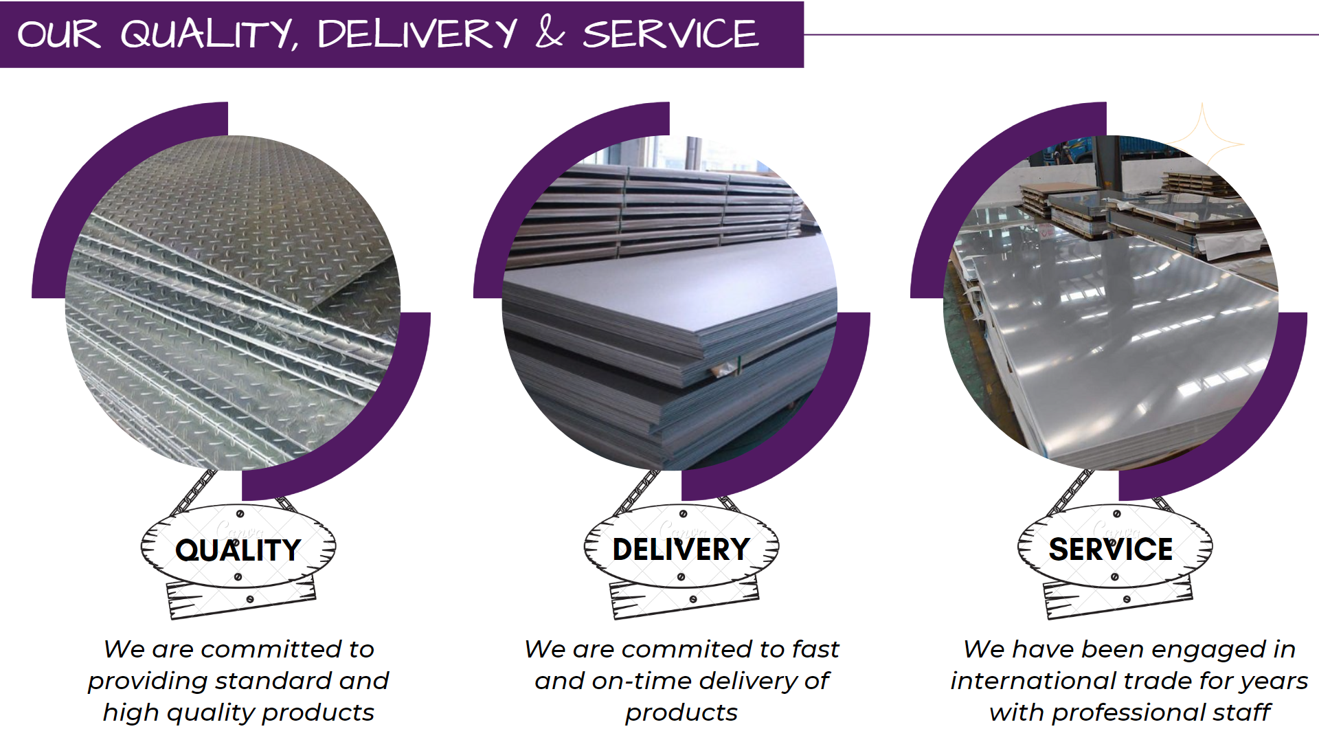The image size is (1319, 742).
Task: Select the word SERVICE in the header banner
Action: pyautogui.click(x=670, y=34)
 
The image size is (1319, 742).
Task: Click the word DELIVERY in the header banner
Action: pyautogui.click(x=417, y=34)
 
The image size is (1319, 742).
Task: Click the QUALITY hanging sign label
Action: pyautogui.click(x=238, y=550)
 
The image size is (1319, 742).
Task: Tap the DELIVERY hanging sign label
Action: pyautogui.click(x=681, y=549)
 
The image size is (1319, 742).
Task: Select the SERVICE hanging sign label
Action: pyautogui.click(x=1111, y=549)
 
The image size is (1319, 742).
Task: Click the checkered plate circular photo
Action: pyautogui.click(x=233, y=302)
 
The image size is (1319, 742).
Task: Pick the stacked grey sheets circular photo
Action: pyautogui.click(x=670, y=302)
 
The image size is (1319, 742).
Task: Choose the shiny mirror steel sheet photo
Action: pyautogui.click(x=1111, y=302)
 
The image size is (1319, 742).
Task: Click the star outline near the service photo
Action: pyautogui.click(x=1204, y=141)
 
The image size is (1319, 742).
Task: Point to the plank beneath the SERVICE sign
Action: pyautogui.click(x=1118, y=600)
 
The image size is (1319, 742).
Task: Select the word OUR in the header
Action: pyautogui.click(x=59, y=34)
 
